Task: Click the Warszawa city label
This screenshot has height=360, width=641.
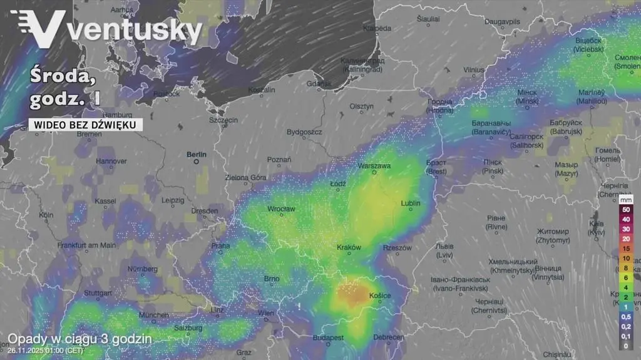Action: [374, 166]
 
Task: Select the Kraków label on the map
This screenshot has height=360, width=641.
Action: [349, 247]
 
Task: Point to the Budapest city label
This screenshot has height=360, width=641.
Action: [329, 337]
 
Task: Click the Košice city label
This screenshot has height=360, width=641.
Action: [380, 296]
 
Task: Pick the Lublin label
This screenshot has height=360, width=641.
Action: [411, 203]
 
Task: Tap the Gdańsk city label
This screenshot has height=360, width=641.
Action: [319, 84]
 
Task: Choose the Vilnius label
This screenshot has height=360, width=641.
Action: [474, 69]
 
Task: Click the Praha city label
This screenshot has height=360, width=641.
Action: [220, 245]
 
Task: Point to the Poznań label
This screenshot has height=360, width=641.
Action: [279, 160]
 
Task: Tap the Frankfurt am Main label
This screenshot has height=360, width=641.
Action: [86, 245]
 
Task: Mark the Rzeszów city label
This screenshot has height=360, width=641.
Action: [397, 248]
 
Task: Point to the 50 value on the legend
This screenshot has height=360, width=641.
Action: [625, 210]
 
